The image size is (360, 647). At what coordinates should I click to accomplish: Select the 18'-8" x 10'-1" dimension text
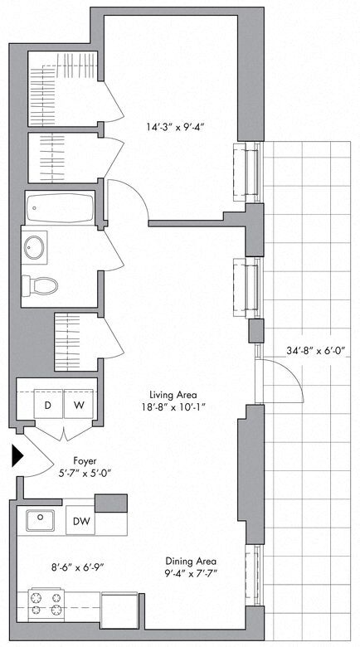(x=173, y=407)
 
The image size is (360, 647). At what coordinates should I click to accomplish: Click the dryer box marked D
(x=48, y=406)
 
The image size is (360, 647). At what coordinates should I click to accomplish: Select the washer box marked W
(x=80, y=406)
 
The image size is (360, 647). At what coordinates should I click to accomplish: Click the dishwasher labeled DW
(x=80, y=521)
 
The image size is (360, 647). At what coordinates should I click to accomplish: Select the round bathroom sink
(x=36, y=246)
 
